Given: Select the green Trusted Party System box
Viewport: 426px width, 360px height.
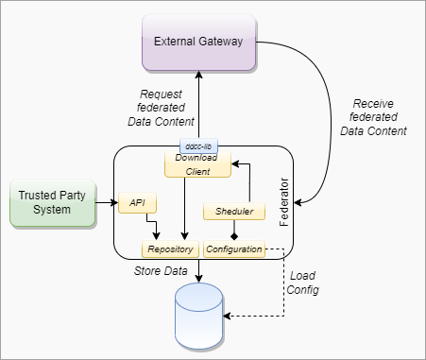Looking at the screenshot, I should point(52,203).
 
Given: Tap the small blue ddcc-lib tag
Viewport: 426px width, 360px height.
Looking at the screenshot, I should point(199,147).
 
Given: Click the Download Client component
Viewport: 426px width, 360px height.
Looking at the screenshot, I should point(197,164).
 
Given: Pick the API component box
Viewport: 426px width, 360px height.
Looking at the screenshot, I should point(138,203).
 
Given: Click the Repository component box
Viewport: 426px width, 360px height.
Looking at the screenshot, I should point(171,249).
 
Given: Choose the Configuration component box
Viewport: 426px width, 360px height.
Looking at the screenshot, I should point(233,249).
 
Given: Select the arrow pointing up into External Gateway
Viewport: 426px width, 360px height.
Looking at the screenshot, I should point(198,104).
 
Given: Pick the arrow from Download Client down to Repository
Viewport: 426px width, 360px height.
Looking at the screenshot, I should point(182,208).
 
